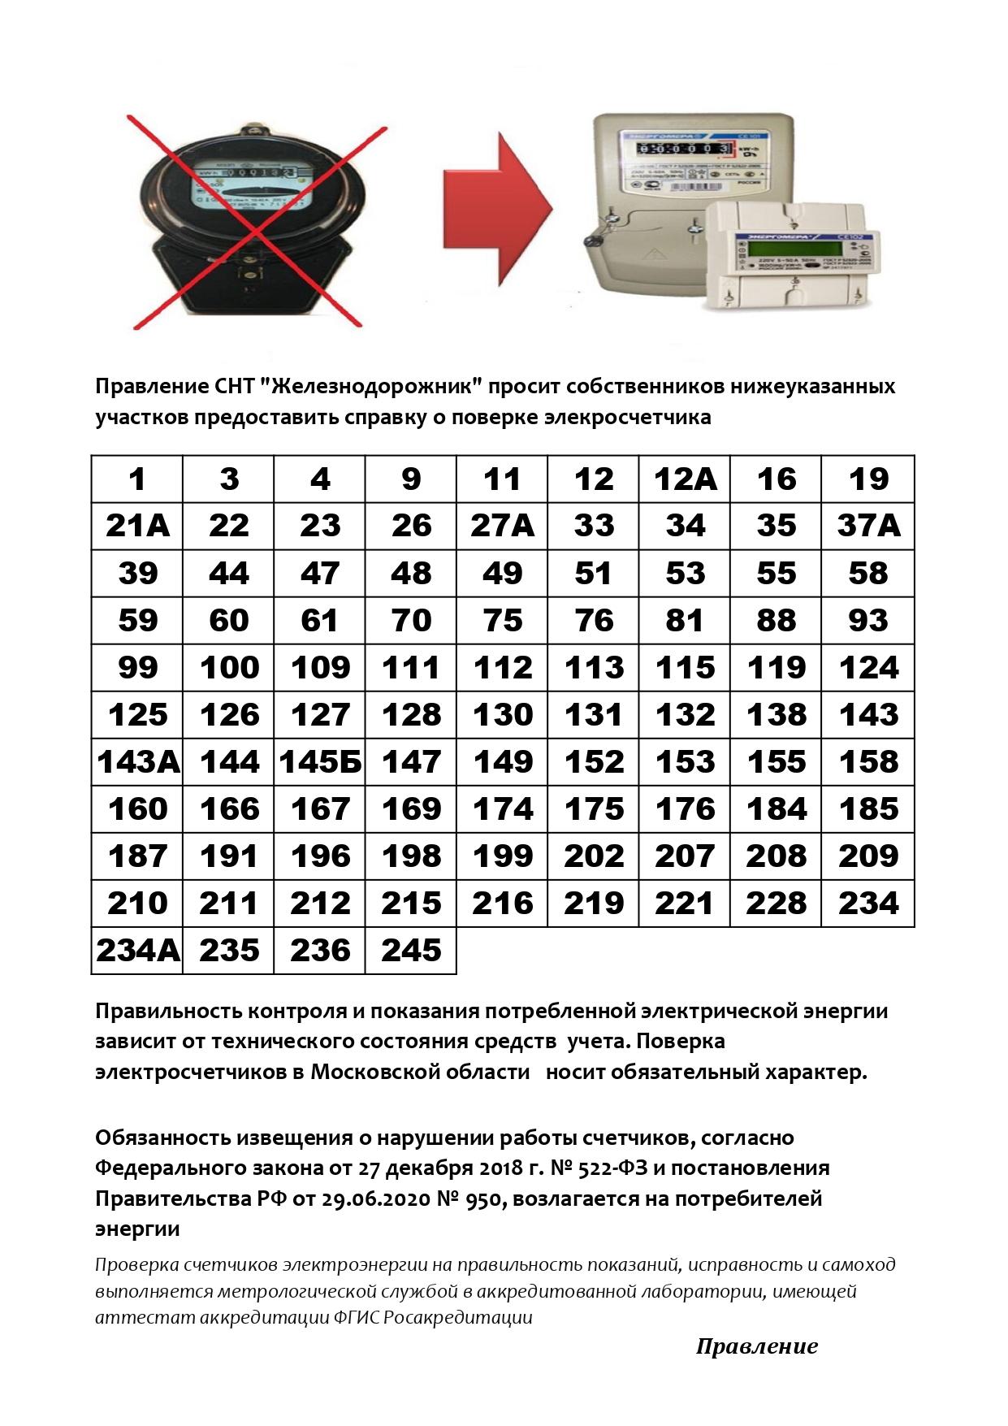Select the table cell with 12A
(x=685, y=479)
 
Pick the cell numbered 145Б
(x=320, y=762)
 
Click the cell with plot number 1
(x=137, y=479)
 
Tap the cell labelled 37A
(x=867, y=527)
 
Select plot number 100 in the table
(x=229, y=668)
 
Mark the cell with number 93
(x=867, y=621)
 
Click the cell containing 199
(x=502, y=856)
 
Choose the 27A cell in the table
(x=502, y=527)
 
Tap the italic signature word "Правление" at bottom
(x=756, y=1346)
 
